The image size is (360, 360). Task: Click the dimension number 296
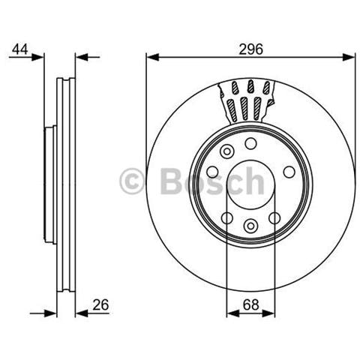(250, 49)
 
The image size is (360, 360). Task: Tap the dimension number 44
(20, 49)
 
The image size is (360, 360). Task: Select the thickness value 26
(100, 304)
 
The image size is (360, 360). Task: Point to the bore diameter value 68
(251, 304)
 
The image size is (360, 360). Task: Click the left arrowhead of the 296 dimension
(153, 57)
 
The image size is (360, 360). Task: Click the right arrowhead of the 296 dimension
(349, 57)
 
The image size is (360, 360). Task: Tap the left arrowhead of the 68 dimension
(233, 313)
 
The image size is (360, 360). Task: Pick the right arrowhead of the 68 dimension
(268, 313)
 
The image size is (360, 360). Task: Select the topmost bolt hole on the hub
(250, 143)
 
